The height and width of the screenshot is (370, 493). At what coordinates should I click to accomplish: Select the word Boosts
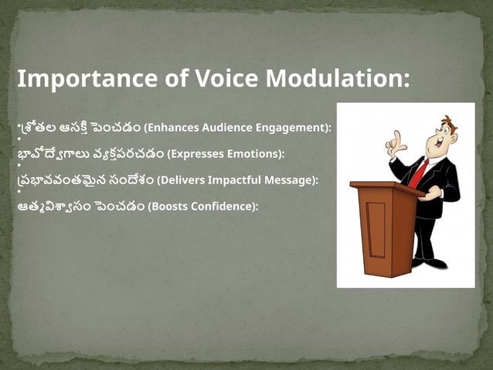point(167,207)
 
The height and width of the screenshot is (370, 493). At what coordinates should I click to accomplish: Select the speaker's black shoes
point(432,263)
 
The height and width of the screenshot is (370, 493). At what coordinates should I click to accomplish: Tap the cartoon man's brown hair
point(448,122)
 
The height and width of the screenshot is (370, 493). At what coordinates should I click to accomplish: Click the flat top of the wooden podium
point(386,186)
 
